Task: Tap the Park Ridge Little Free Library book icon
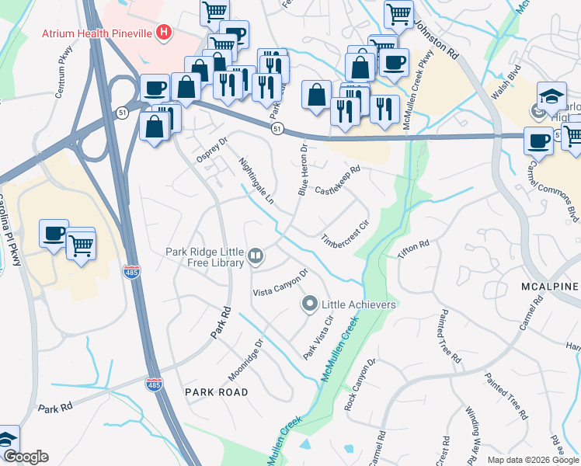(256, 255)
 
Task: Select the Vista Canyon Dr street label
(282, 283)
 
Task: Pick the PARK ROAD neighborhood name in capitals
(217, 392)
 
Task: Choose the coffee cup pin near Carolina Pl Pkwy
(54, 233)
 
